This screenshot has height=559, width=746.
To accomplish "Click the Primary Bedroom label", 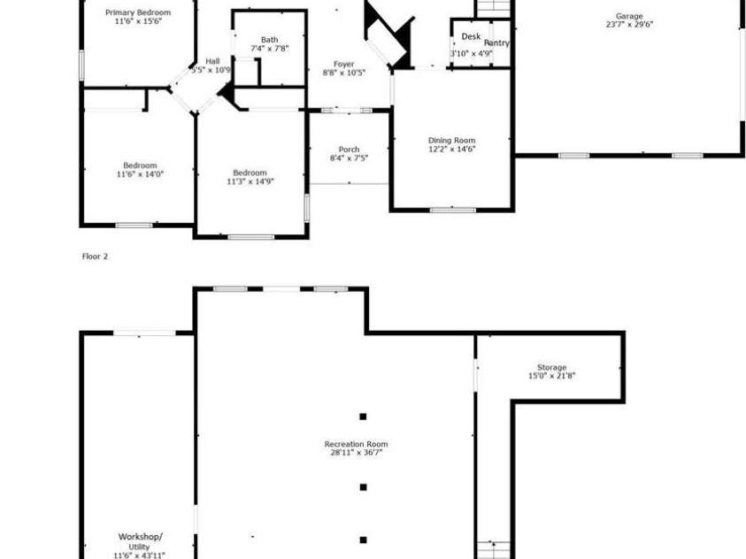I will [138, 12].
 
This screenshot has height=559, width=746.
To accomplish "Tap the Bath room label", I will [269, 39].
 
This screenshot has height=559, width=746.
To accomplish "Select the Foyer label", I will [344, 64].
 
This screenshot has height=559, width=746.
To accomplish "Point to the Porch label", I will [349, 149].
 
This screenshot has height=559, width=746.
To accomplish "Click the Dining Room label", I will [451, 140].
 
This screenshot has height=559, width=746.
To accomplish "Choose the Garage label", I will [629, 16].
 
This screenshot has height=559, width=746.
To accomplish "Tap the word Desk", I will [471, 37].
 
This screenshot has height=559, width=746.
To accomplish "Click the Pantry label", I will [496, 42].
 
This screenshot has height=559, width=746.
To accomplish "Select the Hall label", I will [212, 60].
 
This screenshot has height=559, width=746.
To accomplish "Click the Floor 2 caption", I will [95, 257].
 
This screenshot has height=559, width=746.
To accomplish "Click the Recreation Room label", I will [356, 444].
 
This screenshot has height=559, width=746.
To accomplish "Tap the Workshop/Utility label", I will [141, 537].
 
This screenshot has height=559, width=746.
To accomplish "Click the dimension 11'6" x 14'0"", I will [140, 174].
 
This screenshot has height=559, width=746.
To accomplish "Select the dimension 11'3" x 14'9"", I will [250, 181].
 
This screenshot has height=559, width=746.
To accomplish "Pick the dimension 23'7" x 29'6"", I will [629, 25].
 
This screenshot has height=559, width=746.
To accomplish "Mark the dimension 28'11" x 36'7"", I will [356, 453].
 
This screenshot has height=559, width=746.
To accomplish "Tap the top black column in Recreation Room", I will [363, 417].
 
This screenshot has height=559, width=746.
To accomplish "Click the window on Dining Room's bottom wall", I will [452, 210].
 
